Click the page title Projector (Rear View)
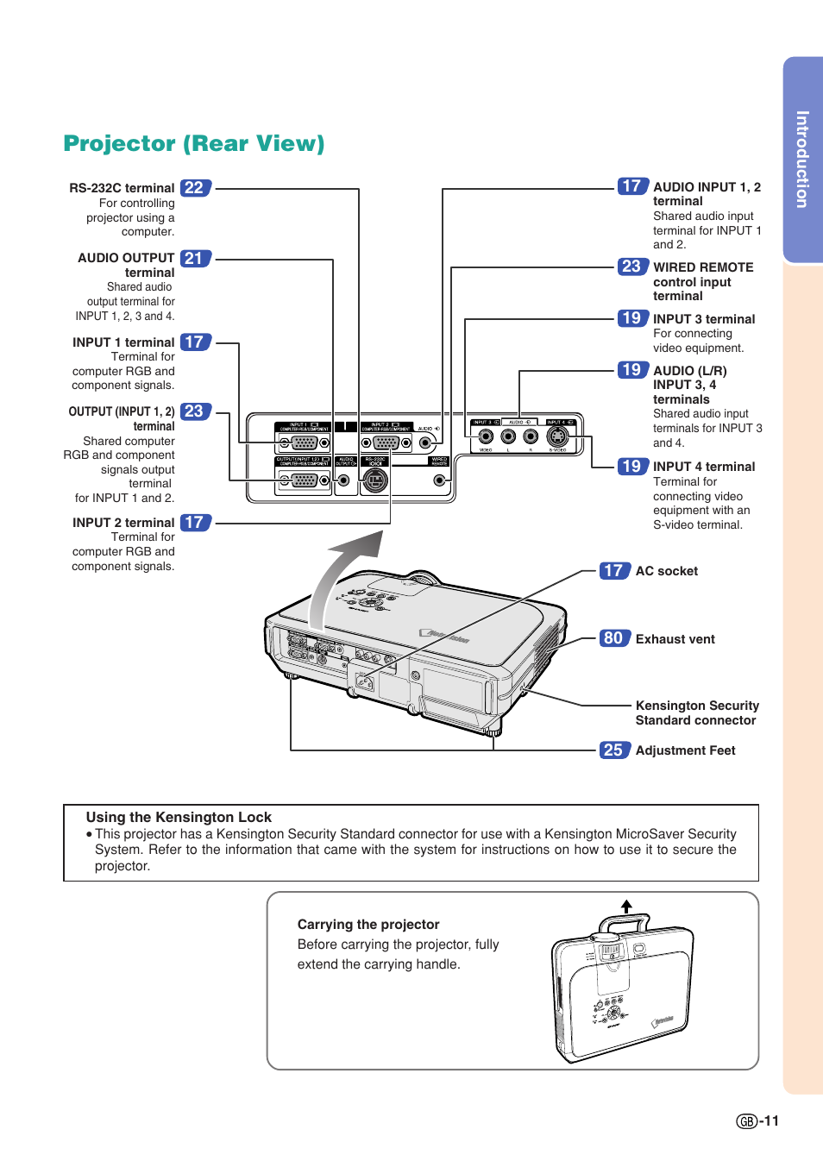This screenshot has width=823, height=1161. (x=194, y=143)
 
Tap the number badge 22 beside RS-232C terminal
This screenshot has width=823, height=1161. (x=195, y=188)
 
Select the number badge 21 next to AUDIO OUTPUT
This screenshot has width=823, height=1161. (x=195, y=259)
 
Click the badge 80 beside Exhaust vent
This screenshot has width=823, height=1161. (x=613, y=638)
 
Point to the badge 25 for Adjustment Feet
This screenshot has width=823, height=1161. (x=613, y=750)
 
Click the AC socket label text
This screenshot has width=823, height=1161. (x=666, y=571)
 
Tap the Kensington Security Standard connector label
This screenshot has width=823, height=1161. (x=697, y=712)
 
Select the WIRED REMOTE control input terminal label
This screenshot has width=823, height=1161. (x=702, y=281)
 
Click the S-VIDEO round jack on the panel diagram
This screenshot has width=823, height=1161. (x=558, y=436)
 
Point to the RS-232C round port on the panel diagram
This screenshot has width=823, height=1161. (x=374, y=480)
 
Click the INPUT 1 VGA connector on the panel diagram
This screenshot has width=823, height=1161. (x=304, y=443)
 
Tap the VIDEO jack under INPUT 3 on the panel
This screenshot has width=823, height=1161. (x=486, y=436)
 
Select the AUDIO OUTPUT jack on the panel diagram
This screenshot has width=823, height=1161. (x=344, y=480)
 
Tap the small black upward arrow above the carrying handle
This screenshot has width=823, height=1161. (x=626, y=907)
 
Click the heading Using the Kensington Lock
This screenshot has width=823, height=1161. (x=179, y=817)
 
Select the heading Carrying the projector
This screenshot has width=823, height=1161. (x=368, y=924)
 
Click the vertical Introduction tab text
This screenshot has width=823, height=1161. (x=802, y=160)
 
